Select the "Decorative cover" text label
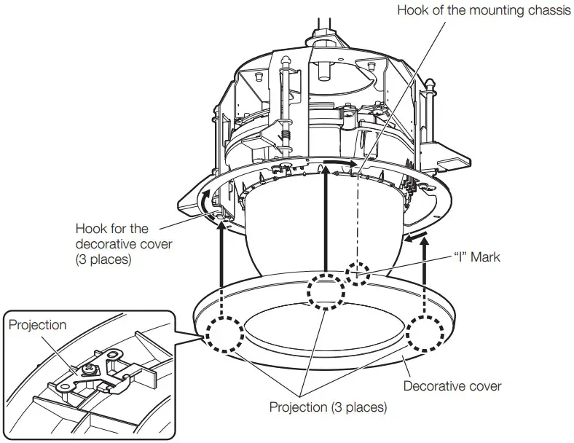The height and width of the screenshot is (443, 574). [x=452, y=385]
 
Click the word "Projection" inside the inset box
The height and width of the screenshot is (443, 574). [x=36, y=326]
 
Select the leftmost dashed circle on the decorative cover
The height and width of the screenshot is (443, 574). [x=223, y=335]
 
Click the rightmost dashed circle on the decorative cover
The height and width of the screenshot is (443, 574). [x=427, y=335]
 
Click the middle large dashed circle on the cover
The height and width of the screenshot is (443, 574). [x=325, y=291]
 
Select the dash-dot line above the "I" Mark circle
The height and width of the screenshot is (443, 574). [x=358, y=219]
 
